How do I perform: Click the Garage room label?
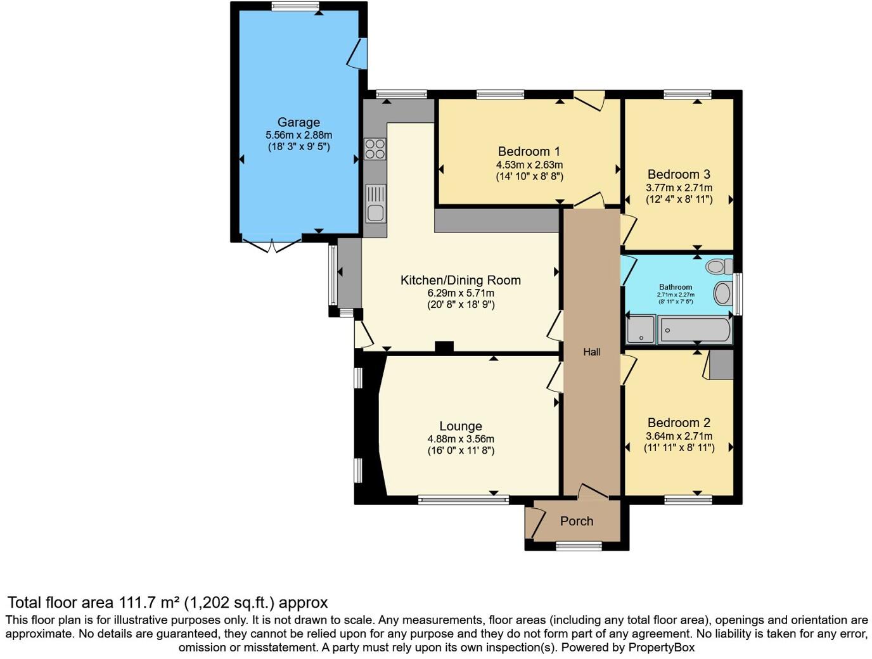[x=298, y=122]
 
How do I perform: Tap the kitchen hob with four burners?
[x=375, y=149]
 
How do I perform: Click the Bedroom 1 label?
[x=529, y=151]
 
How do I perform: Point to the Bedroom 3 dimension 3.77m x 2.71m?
[x=679, y=188]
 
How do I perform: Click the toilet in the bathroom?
[x=719, y=266]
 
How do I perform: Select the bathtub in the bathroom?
[x=695, y=330]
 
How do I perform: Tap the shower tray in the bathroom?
[x=640, y=330]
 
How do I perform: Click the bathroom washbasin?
[x=722, y=293]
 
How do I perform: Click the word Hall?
[x=591, y=352]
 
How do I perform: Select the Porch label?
[x=577, y=521]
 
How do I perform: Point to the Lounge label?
[x=461, y=426]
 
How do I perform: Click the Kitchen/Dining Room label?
[x=461, y=280]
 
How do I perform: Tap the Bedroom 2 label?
[x=679, y=423]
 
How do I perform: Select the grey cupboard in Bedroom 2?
[x=721, y=364]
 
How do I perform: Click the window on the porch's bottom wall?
[x=579, y=546]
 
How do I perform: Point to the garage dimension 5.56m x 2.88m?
[x=298, y=135]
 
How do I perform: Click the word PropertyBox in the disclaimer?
[x=661, y=648]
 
